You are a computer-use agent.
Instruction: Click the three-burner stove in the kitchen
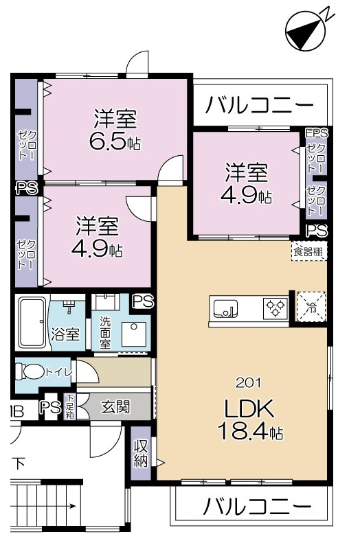pos(276,308)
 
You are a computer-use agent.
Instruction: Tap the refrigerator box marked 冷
pos(311,306)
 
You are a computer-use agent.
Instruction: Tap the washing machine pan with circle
pos(133,334)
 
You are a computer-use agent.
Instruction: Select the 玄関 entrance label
pos(115,406)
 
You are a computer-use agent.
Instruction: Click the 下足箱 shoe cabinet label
pos(69,406)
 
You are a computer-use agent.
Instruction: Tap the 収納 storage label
pos(140,453)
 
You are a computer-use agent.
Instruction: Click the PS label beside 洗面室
pos(143,301)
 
